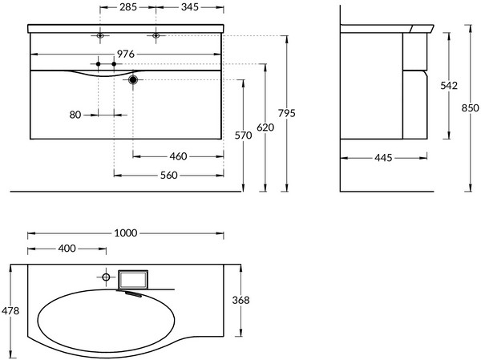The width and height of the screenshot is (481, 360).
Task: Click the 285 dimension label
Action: coord(128,7)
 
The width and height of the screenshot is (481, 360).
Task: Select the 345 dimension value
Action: coord(190,7)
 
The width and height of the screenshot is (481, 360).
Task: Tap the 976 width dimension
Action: coord(126,54)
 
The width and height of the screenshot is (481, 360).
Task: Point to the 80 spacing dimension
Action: coord(75,115)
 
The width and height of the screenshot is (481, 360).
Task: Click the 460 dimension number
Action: coord(178,156)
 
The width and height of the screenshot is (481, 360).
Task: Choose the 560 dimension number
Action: coord(169,176)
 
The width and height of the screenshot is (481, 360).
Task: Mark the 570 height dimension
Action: coord(243,136)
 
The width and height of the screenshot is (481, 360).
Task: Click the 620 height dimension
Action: coord(265,127)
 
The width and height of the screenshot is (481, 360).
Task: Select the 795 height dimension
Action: coord(287,113)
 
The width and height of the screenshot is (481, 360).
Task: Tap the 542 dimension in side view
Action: coord(449,86)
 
